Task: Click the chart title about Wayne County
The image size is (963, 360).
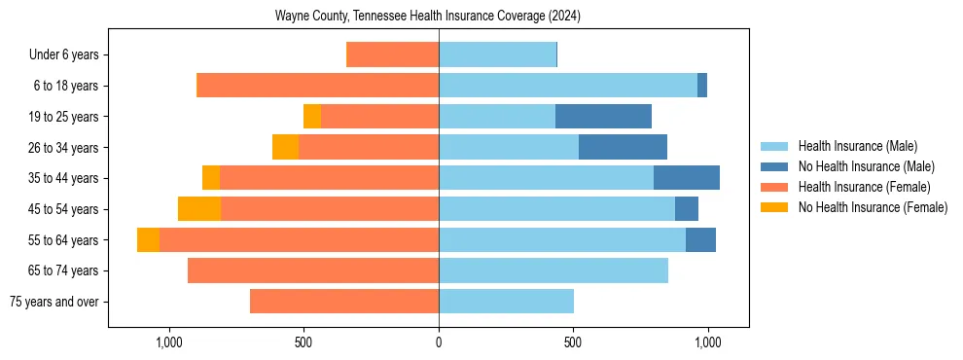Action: pyautogui.click(x=428, y=17)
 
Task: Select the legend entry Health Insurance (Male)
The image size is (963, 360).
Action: pyautogui.click(x=857, y=146)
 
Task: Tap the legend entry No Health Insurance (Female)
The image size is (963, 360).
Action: pyautogui.click(x=873, y=207)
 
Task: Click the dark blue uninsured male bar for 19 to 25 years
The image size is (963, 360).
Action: pyautogui.click(x=603, y=117)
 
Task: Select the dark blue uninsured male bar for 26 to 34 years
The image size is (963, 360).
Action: pyautogui.click(x=623, y=148)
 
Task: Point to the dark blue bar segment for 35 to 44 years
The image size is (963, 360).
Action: pyautogui.click(x=687, y=178)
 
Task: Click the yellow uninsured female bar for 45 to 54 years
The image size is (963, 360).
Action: pyautogui.click(x=199, y=209)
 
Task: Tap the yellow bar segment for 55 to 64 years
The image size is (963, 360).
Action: pyautogui.click(x=148, y=240)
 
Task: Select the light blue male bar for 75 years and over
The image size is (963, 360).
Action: pyautogui.click(x=506, y=302)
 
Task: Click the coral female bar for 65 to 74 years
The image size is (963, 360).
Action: pyautogui.click(x=313, y=270)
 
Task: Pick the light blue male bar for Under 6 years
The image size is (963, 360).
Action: pyautogui.click(x=497, y=55)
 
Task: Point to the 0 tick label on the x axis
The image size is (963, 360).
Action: pyautogui.click(x=439, y=342)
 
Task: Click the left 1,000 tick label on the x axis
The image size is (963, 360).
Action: pyautogui.click(x=169, y=342)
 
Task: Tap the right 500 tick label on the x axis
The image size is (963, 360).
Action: pyautogui.click(x=573, y=342)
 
